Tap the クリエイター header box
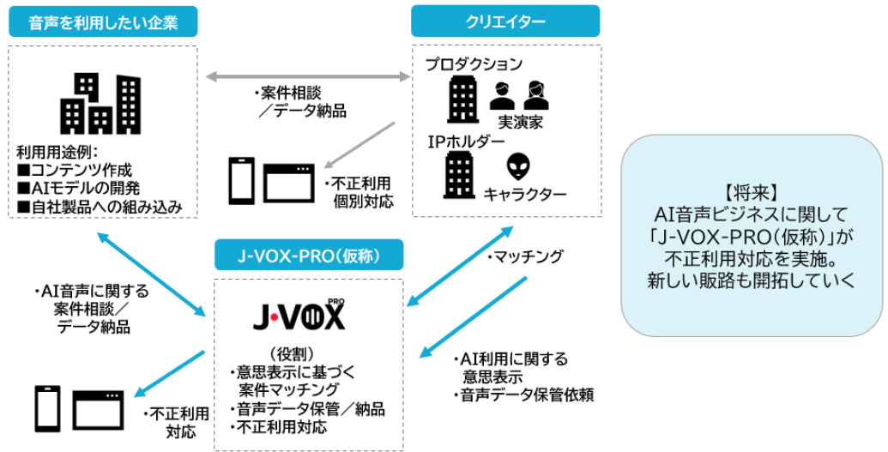505,21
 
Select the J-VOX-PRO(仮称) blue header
308,256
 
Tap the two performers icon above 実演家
518,95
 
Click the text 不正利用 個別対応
358,193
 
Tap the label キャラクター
525,195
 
